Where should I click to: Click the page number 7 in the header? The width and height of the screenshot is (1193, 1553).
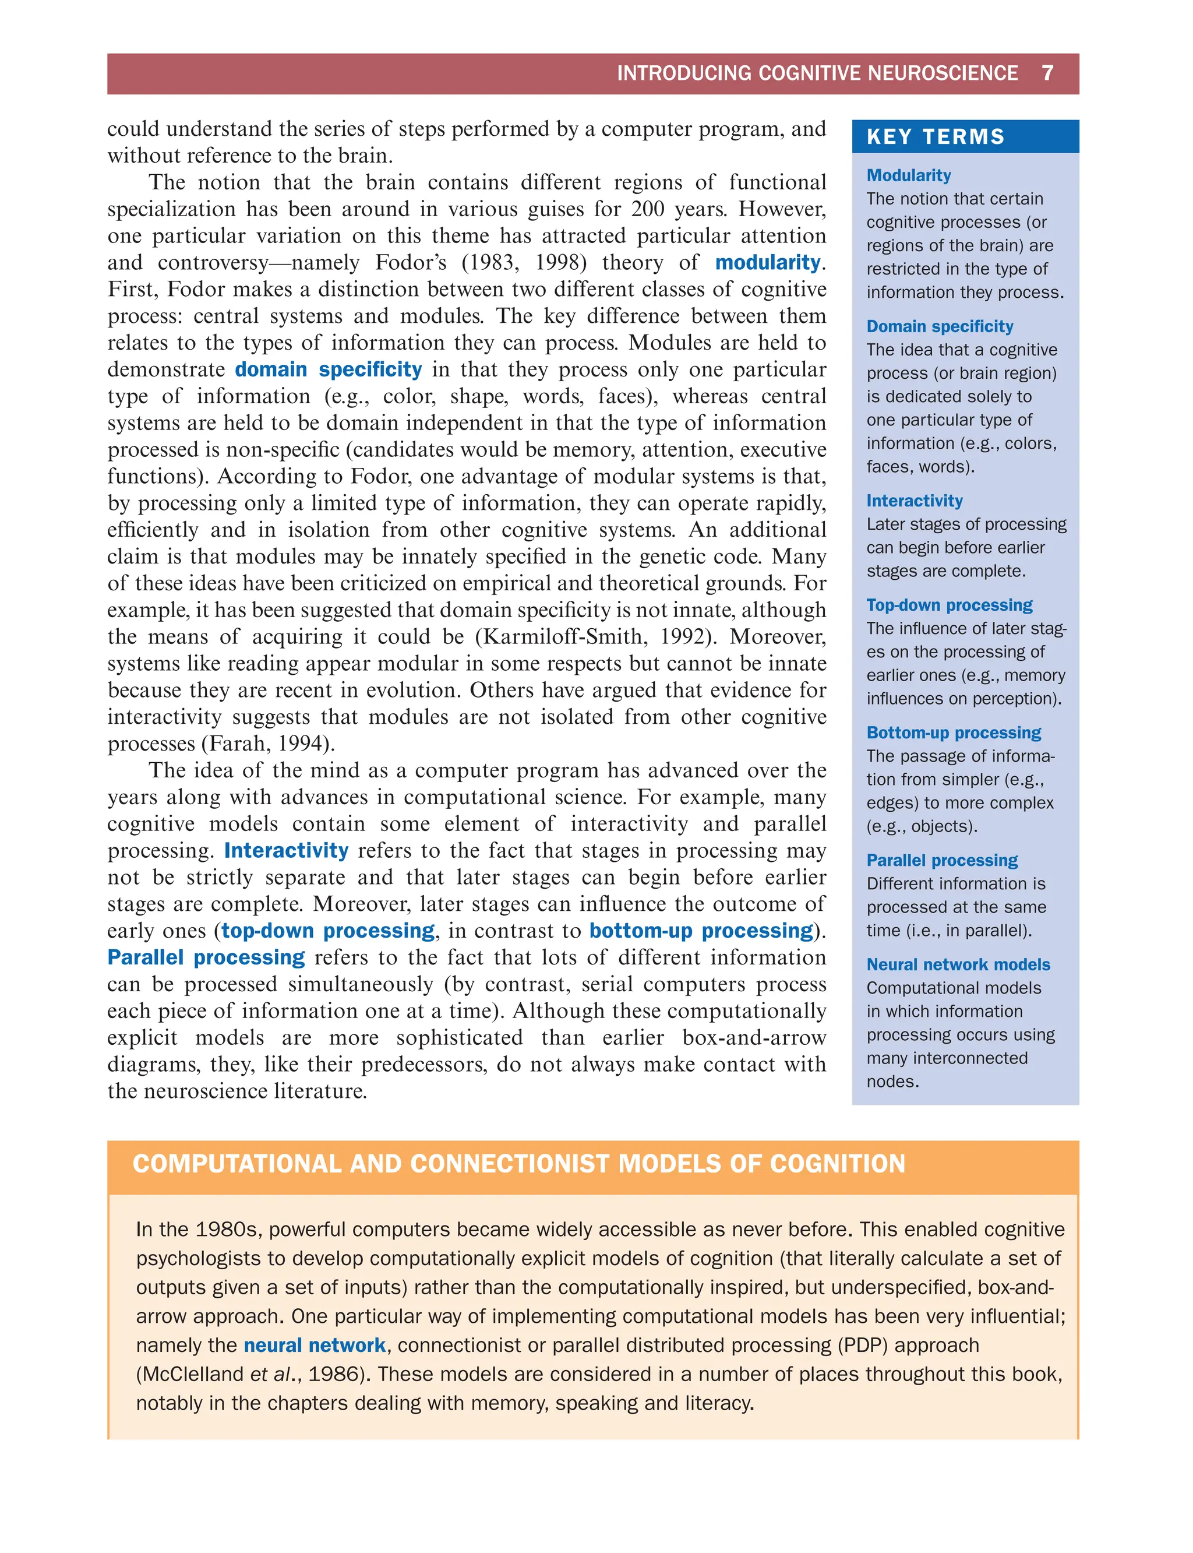click(1047, 73)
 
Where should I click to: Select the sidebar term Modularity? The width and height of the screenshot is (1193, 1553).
click(908, 175)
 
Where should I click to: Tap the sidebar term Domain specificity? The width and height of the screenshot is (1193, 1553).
click(940, 326)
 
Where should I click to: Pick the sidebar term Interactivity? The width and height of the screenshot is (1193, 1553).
click(914, 501)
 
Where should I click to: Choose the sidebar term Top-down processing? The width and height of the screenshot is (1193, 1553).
click(949, 605)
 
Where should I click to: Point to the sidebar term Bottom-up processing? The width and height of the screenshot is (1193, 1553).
click(953, 733)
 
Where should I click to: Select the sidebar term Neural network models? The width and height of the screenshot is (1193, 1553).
click(958, 965)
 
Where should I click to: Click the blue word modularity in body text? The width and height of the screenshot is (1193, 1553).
click(767, 263)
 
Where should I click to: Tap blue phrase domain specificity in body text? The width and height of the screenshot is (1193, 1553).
click(328, 369)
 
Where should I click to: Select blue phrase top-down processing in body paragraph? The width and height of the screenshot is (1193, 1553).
click(328, 931)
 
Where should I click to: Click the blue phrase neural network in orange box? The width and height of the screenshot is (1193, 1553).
click(315, 1346)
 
